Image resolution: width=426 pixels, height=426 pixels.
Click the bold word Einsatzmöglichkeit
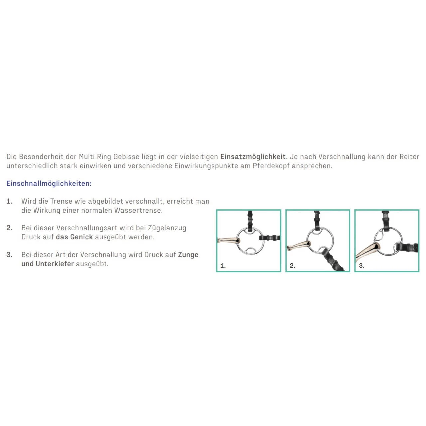(253, 157)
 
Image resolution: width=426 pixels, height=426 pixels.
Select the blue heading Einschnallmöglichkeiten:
(49, 183)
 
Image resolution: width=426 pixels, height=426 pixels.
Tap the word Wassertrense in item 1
(138, 210)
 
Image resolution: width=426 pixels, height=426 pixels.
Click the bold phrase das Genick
(74, 237)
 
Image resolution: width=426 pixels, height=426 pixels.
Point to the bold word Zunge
(188, 255)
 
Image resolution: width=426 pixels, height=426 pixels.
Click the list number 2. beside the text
(10, 228)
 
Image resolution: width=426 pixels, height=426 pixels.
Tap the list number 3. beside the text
(10, 255)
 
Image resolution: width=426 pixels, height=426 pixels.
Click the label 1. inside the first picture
(223, 266)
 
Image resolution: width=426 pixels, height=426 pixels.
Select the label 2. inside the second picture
(292, 266)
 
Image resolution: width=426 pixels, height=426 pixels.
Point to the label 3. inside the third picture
(362, 266)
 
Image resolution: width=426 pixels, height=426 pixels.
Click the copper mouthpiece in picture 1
(229, 240)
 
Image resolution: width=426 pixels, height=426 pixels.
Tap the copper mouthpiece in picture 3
(368, 251)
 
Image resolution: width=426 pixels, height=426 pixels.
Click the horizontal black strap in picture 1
(269, 238)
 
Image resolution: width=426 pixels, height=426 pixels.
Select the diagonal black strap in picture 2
(333, 259)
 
